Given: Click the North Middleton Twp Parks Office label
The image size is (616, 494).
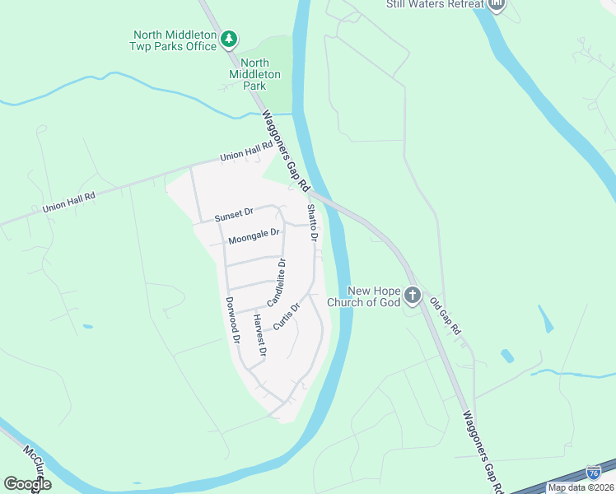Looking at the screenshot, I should click(175, 40).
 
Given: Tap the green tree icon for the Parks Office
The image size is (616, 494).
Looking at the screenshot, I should click(229, 38).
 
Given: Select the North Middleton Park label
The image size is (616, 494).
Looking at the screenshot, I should click(260, 74).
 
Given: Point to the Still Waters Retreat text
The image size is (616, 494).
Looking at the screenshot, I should click(434, 4).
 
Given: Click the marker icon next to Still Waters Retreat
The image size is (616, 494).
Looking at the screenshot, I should click(497, 5).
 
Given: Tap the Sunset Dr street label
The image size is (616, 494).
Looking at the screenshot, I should click(234, 216).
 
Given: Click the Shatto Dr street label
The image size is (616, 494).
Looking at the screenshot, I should click(312, 222).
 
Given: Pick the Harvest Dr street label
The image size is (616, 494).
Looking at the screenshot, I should click(259, 336).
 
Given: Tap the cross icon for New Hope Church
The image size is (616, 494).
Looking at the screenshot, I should click(413, 296).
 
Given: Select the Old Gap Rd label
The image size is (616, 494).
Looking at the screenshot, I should click(446, 315).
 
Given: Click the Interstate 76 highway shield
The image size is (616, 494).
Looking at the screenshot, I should click(593, 473).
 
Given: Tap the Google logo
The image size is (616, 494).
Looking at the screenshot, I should click(27, 484).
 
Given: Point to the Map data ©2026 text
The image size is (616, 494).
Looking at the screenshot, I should click(581, 487).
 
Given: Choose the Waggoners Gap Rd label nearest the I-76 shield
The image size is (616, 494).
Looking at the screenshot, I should click(482, 452).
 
